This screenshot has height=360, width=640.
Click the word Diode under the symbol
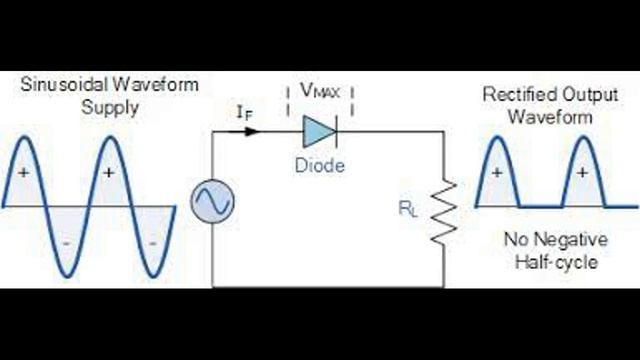320,164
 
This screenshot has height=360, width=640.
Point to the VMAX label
321,90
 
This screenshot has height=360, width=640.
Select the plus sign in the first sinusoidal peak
23,172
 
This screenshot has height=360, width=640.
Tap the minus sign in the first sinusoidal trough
66,242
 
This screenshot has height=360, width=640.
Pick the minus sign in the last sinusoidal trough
152,242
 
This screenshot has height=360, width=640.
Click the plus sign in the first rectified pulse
497,172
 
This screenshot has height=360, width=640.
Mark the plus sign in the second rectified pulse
583,172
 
